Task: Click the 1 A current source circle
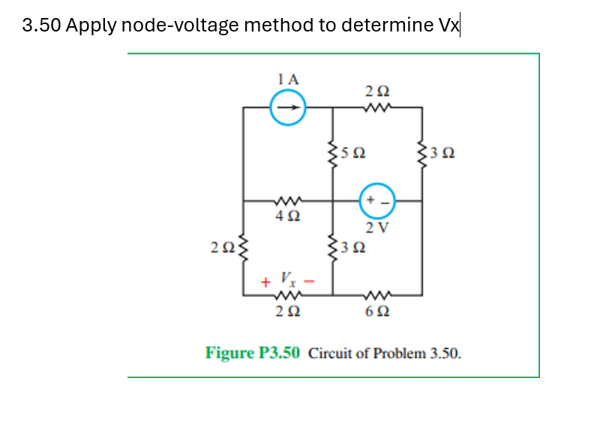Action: (288, 106)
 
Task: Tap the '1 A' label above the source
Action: (287, 79)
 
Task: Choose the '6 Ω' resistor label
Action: (377, 311)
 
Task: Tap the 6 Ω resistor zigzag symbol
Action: (377, 295)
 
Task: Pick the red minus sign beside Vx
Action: (307, 283)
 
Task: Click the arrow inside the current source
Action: (288, 106)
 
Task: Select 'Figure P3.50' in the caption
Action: (253, 352)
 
